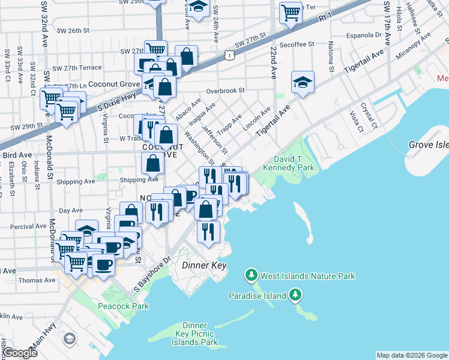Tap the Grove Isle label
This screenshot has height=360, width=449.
428,145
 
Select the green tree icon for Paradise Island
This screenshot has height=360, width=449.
295,295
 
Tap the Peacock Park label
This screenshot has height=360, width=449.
123,306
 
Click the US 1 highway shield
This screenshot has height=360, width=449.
228,55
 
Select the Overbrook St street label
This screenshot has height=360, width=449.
226,91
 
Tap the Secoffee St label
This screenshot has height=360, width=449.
297,44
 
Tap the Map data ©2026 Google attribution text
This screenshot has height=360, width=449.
411,355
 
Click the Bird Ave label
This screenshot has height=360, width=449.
17,155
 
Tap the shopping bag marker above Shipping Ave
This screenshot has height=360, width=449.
153,163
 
